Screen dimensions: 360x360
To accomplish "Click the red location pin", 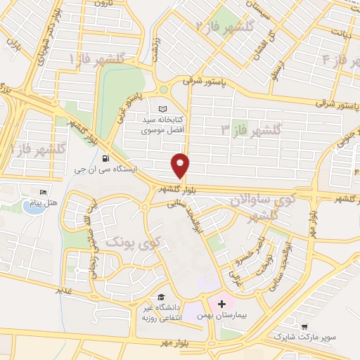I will [x=181, y=165].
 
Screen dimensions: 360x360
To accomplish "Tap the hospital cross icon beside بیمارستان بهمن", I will [x=222, y=304].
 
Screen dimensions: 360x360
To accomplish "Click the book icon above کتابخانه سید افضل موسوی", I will [x=164, y=109].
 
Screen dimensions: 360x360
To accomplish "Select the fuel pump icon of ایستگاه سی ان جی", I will [x=105, y=158].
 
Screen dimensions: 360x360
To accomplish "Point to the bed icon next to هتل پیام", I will [x=44, y=192].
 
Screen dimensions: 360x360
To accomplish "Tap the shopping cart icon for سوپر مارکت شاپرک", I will [x=304, y=326].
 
